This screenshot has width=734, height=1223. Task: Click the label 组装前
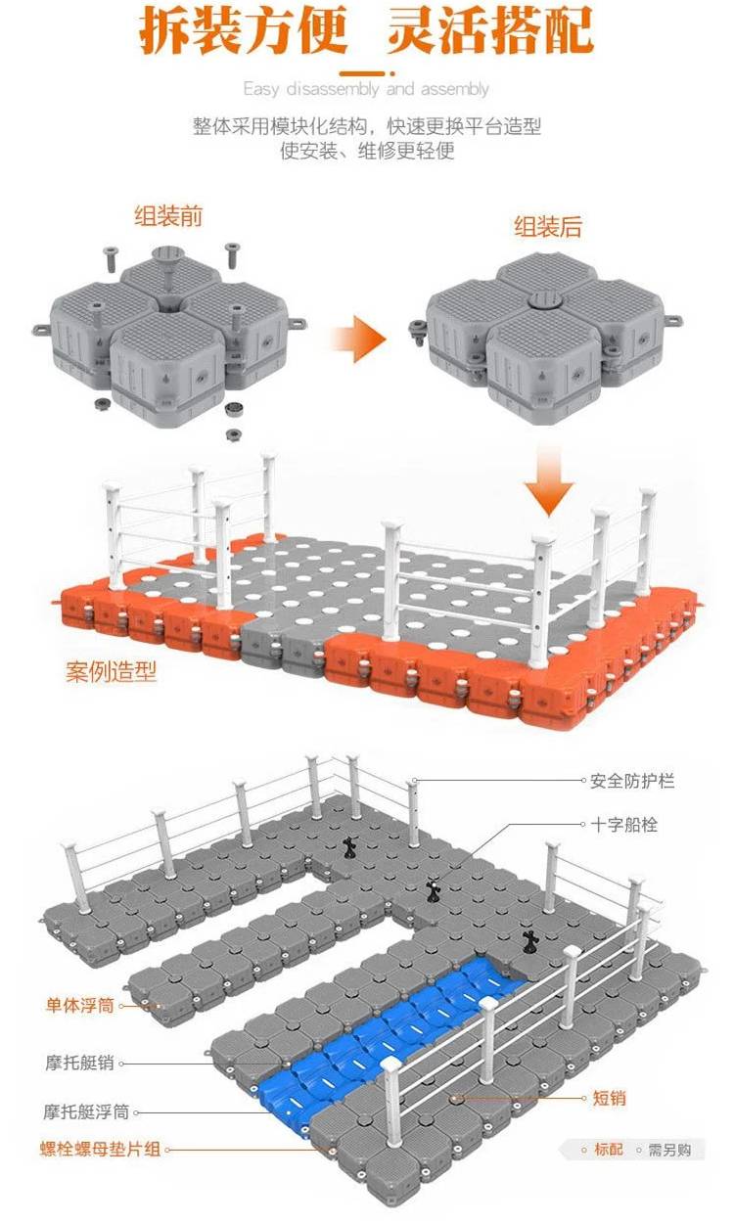(x=169, y=215)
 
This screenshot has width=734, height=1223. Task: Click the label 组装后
(x=548, y=228)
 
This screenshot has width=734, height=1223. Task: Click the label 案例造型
(x=112, y=672)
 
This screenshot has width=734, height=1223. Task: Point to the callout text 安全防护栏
(x=632, y=781)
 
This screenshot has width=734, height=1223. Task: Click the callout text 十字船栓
(x=623, y=825)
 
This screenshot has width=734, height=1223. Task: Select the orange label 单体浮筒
(x=79, y=1005)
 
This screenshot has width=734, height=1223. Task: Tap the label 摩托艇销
(x=79, y=1062)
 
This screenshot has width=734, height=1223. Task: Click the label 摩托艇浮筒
(x=86, y=1112)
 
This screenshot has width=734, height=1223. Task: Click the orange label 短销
(x=610, y=1099)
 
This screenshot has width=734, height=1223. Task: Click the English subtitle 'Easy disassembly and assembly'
(x=366, y=89)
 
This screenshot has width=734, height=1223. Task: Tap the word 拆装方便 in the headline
(x=244, y=31)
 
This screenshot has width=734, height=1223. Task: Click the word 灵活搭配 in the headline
(x=490, y=31)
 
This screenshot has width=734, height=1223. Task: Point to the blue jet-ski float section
(x=391, y=1027)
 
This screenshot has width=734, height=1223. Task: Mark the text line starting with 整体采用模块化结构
(x=366, y=127)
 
